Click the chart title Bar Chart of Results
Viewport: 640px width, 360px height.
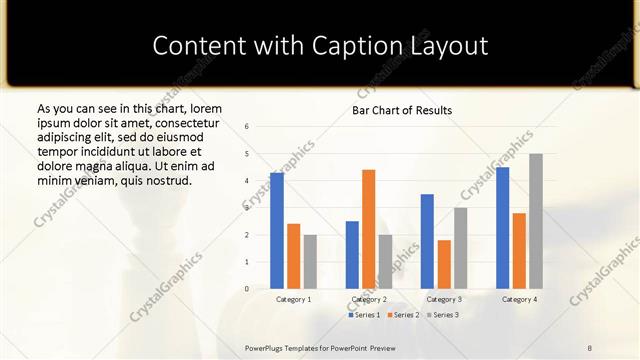pos(402,110)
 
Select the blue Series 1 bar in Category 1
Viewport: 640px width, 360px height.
pos(277,231)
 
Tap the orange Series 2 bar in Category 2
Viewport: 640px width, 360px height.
pos(368,229)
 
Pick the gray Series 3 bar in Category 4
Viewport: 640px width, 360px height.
pos(536,221)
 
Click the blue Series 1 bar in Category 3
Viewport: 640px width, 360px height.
pos(427,241)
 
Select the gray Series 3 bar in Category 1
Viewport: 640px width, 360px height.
pos(310,262)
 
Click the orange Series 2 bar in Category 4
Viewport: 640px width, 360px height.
pos(519,251)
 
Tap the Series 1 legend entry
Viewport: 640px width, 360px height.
pos(364,315)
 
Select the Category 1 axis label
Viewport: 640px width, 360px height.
pos(293,299)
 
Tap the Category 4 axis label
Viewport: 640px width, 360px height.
pos(519,299)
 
